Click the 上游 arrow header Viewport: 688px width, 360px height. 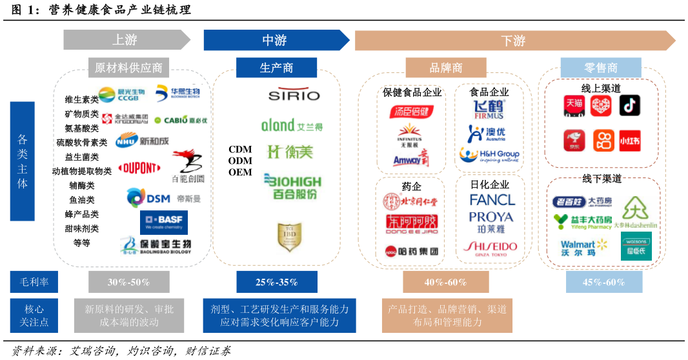(x=126, y=40)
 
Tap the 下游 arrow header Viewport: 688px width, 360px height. (x=514, y=40)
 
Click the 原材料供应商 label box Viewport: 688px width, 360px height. (x=128, y=68)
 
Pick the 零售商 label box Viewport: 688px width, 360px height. (x=600, y=68)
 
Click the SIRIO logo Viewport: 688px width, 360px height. (x=294, y=94)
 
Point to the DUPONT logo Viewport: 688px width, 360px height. (x=139, y=168)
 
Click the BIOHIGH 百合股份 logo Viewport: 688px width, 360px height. (x=293, y=186)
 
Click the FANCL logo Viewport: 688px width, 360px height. (x=492, y=200)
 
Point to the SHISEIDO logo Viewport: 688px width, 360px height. (x=490, y=248)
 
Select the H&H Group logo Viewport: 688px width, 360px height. (x=489, y=155)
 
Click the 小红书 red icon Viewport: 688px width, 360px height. (x=629, y=140)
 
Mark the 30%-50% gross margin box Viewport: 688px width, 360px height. (x=128, y=282)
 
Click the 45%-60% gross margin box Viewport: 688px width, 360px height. (x=603, y=282)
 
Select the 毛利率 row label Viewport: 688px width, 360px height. (x=34, y=282)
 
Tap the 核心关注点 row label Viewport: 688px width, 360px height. (x=34, y=315)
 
